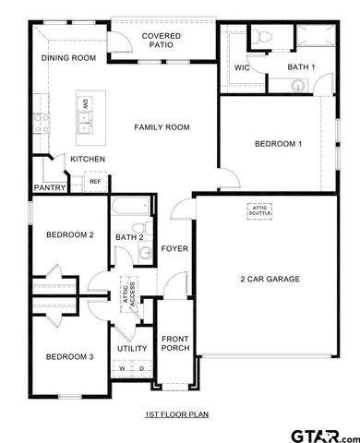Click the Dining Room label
pyautogui.click(x=69, y=58)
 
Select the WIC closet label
pyautogui.click(x=243, y=67)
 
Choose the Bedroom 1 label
pyautogui.click(x=278, y=143)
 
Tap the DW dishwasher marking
pyautogui.click(x=84, y=104)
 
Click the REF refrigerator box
pyautogui.click(x=95, y=182)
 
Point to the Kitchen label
pyautogui.click(x=88, y=160)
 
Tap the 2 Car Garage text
pyautogui.click(x=270, y=278)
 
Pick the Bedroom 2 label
pyautogui.click(x=70, y=234)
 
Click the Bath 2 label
pyautogui.click(x=129, y=237)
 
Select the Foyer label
pyautogui.click(x=174, y=248)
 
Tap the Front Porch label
pyautogui.click(x=174, y=342)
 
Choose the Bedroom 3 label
pyautogui.click(x=69, y=356)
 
